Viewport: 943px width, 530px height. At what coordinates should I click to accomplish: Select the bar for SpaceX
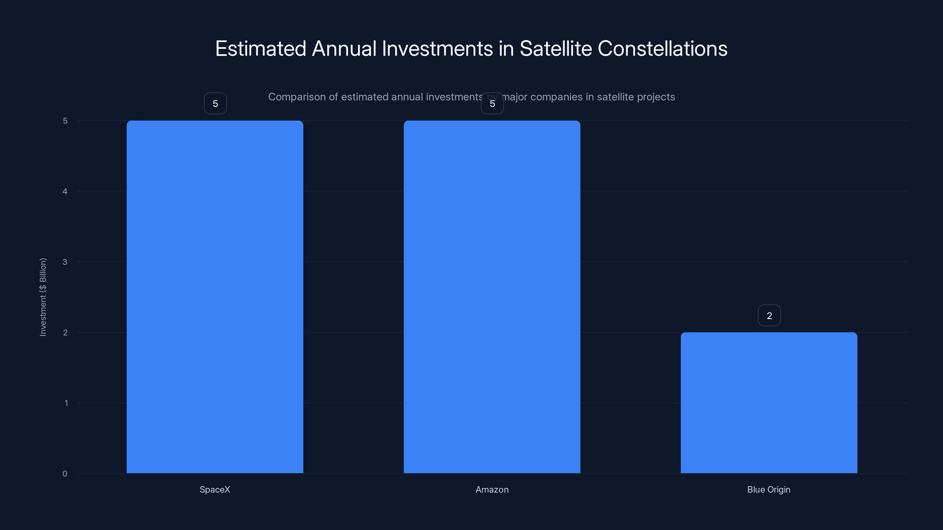(215, 297)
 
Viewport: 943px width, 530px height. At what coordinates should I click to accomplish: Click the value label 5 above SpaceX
(215, 104)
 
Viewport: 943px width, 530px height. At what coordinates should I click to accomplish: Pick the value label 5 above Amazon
(492, 104)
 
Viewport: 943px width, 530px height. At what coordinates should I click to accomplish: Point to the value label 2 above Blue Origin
(769, 316)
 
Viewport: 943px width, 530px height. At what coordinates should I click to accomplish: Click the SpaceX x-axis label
(215, 489)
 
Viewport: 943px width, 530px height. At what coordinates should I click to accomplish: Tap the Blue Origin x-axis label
(769, 489)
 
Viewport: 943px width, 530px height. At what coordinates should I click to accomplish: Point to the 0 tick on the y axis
(65, 474)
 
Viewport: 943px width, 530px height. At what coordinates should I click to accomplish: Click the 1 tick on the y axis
(66, 403)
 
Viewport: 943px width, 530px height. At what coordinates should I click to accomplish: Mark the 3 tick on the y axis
(65, 262)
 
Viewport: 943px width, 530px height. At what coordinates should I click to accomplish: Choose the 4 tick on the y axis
(65, 191)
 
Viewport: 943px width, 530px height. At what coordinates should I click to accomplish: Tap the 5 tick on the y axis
(65, 121)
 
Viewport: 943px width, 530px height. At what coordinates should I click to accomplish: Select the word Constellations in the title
(662, 49)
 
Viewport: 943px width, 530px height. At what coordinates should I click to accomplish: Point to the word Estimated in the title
(261, 49)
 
